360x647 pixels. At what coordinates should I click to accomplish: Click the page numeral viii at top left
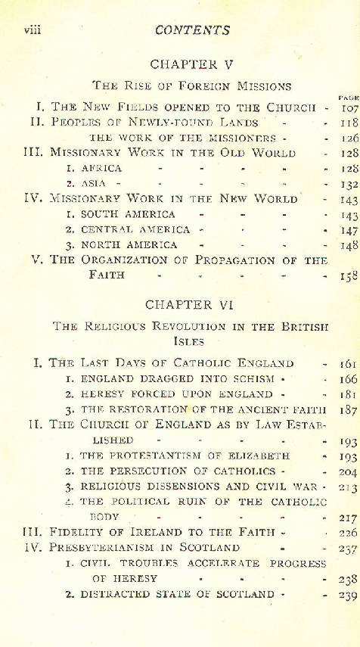32,30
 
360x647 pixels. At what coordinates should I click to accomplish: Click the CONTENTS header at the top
192,31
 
